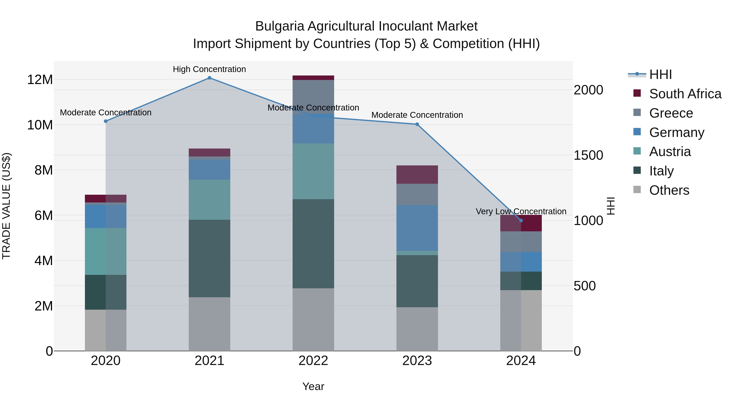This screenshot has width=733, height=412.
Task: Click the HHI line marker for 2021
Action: point(210,78)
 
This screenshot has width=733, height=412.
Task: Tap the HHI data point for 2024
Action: point(521,221)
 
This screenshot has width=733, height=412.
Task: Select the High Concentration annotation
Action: point(210,69)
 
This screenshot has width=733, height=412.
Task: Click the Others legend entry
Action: point(669,190)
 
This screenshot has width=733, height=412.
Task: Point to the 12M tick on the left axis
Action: point(40,80)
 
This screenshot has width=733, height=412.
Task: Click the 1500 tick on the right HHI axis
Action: point(588,155)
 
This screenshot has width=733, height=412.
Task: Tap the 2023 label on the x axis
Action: point(417,361)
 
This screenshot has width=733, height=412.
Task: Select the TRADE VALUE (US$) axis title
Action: point(6,206)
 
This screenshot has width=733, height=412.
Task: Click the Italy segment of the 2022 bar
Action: point(313,244)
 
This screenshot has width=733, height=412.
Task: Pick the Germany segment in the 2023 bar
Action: point(417,228)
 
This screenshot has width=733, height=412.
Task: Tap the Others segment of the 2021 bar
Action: point(210,324)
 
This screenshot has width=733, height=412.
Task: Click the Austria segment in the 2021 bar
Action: point(210,200)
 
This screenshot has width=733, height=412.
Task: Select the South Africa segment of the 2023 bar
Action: point(417,175)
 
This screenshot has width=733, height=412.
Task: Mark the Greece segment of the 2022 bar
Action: point(313,97)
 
